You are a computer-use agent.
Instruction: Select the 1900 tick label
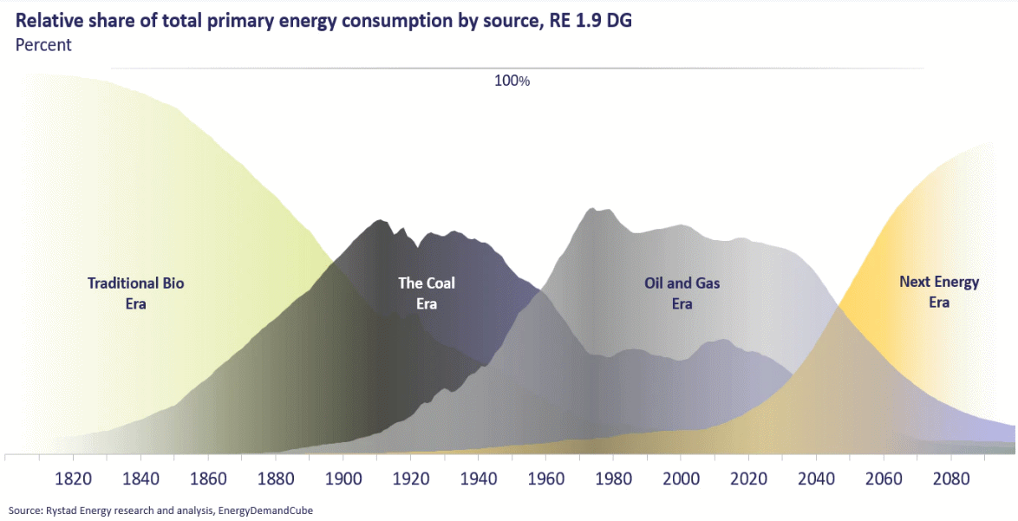(x=343, y=479)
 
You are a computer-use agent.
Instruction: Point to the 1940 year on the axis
(x=479, y=479)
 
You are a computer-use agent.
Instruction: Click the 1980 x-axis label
(x=614, y=479)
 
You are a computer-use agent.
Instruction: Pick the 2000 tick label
(x=682, y=479)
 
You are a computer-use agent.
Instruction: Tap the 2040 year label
(x=817, y=479)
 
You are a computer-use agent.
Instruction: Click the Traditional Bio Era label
(x=136, y=293)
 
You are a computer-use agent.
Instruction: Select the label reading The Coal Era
(x=427, y=293)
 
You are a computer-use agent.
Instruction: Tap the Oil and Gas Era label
(x=682, y=293)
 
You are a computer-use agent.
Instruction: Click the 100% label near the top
(x=512, y=81)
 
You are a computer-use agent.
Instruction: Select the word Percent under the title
(x=43, y=45)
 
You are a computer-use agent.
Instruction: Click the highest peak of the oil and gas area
(x=592, y=208)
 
